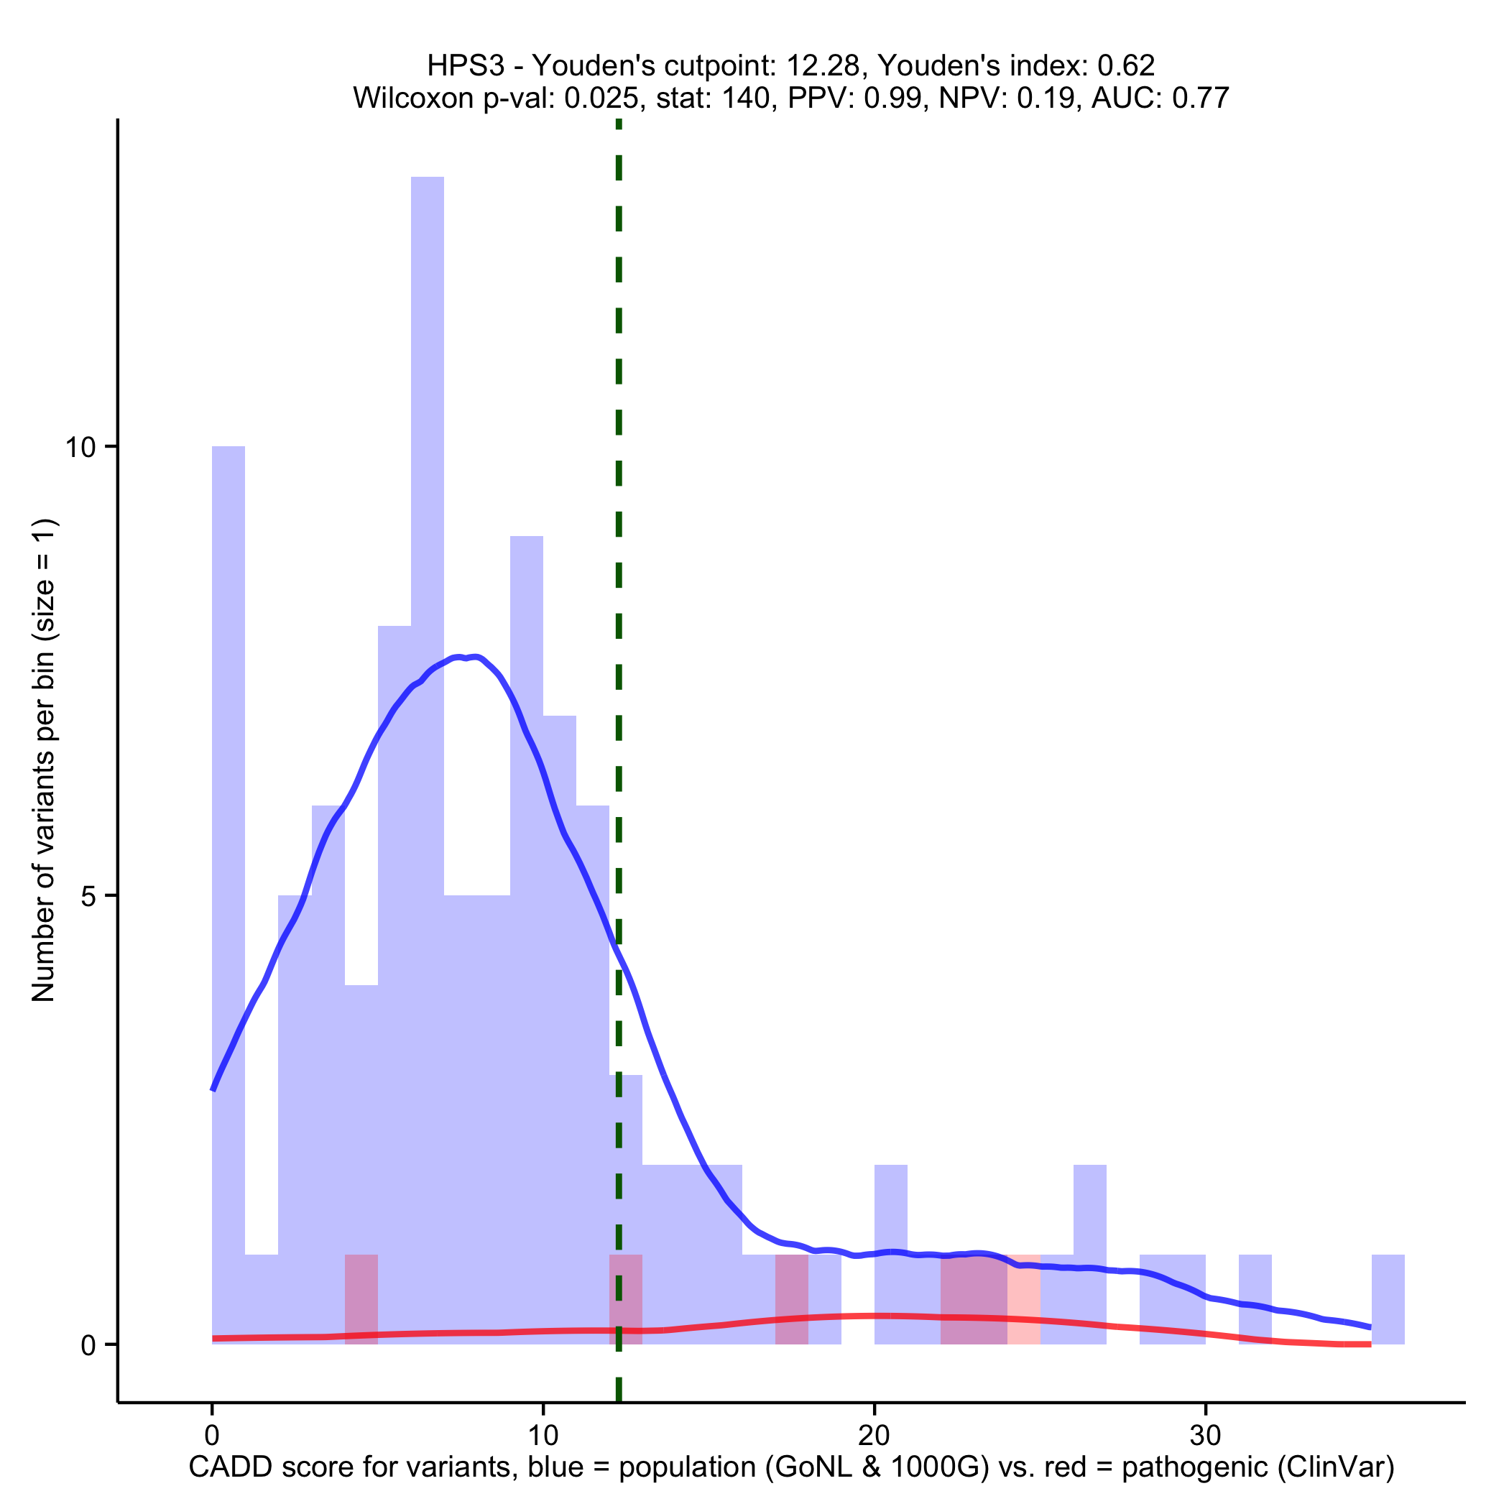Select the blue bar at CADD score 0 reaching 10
(x=228, y=859)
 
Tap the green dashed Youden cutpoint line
(x=619, y=547)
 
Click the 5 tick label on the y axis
(x=92, y=896)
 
